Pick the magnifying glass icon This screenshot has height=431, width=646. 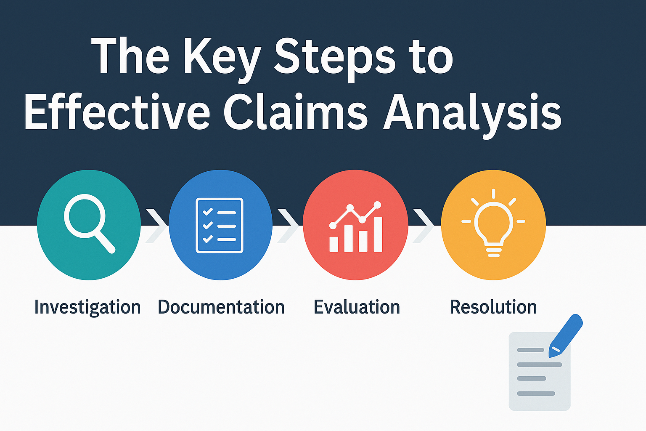click(x=88, y=223)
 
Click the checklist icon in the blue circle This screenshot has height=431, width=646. click(x=220, y=225)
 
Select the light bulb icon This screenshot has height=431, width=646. click(x=493, y=223)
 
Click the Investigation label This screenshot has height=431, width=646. click(x=87, y=307)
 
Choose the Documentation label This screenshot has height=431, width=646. click(x=221, y=307)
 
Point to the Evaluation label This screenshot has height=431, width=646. click(x=357, y=307)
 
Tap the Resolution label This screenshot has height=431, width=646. click(x=493, y=307)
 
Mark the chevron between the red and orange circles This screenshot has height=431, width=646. click(x=424, y=225)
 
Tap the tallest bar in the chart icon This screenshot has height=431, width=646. click(x=378, y=234)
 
